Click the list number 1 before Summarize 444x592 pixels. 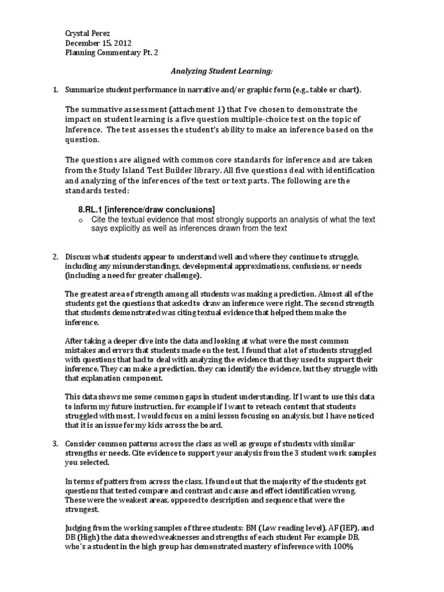point(55,90)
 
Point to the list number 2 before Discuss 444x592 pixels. point(55,256)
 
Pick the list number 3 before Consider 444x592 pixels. point(55,443)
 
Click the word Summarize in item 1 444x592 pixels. point(84,90)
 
